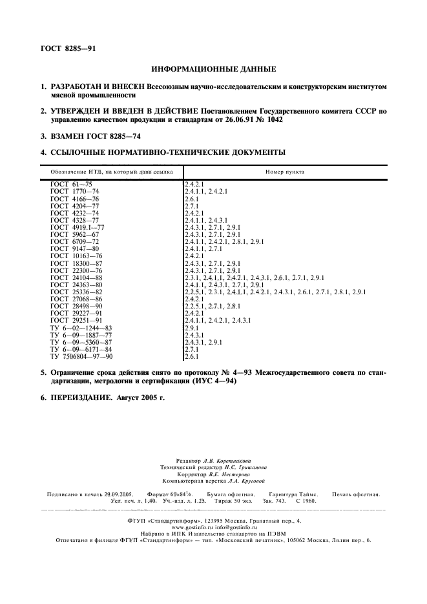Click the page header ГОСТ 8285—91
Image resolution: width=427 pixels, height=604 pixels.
coord(65,48)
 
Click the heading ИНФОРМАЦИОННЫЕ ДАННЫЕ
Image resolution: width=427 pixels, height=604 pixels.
coord(213,68)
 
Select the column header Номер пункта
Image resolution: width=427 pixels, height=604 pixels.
coord(285,172)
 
